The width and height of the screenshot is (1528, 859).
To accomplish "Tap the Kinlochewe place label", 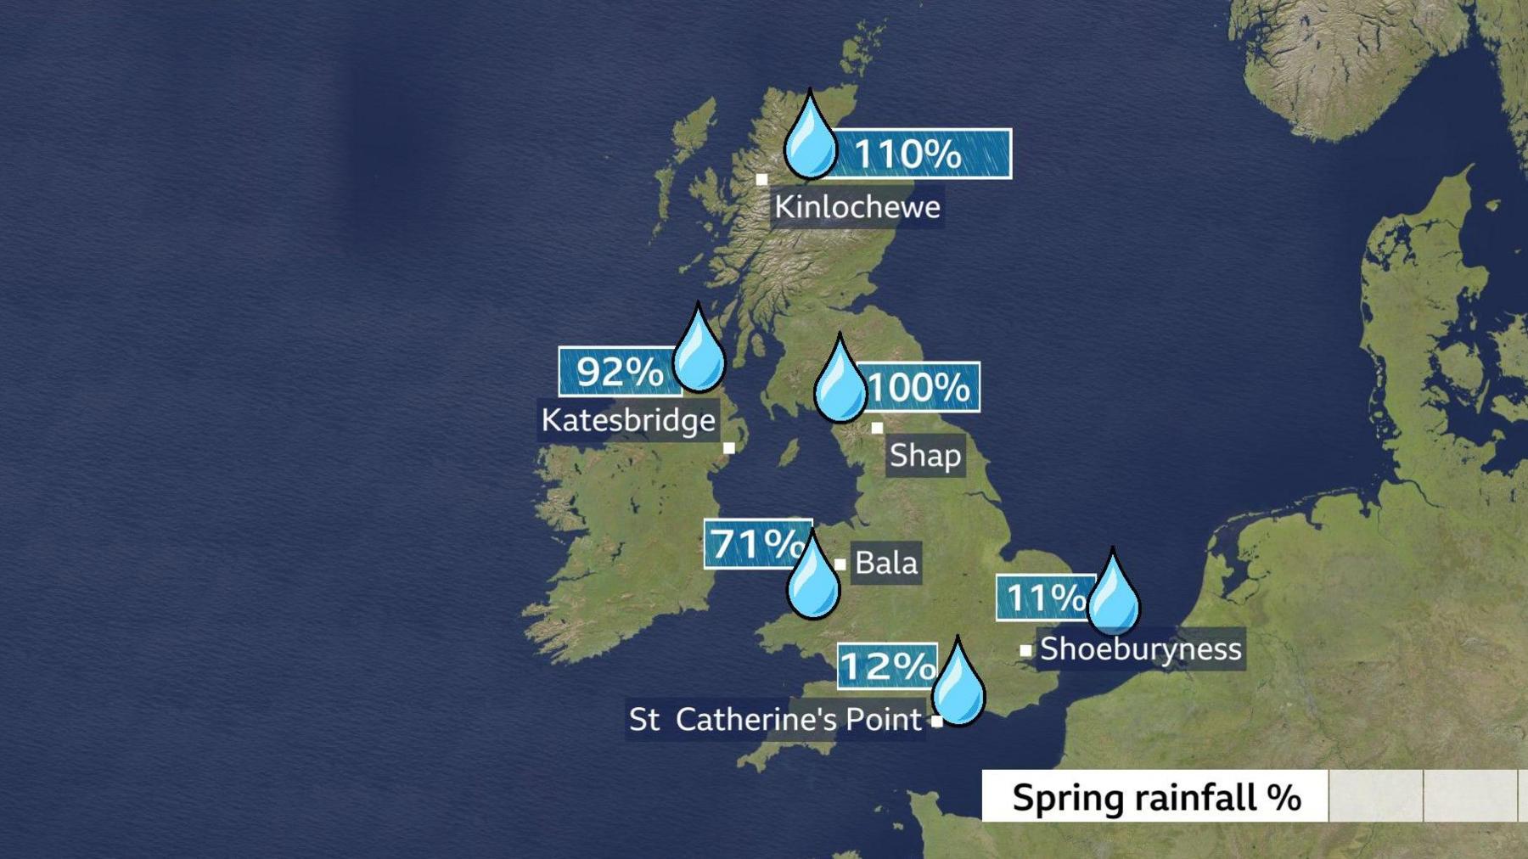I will click(857, 207).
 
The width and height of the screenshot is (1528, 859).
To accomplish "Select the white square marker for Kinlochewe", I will click(761, 179).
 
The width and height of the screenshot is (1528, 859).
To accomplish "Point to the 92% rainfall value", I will click(619, 371).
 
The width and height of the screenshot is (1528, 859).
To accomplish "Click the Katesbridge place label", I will click(628, 420).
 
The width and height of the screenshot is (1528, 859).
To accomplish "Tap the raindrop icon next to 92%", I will click(699, 353).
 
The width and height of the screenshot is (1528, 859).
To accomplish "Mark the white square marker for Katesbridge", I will click(728, 447).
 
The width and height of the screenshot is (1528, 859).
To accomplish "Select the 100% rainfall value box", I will click(919, 387).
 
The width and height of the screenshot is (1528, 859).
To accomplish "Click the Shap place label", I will click(924, 456).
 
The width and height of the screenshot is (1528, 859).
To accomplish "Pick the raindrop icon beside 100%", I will click(840, 384).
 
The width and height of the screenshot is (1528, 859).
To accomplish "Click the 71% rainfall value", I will click(756, 543).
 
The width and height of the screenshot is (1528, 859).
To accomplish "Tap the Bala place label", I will click(885, 562).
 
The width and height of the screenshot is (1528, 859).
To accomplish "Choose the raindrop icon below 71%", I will click(812, 579).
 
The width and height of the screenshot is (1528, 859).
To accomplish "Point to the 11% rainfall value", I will click(1044, 598).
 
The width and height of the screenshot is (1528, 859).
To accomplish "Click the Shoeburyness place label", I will click(1140, 648).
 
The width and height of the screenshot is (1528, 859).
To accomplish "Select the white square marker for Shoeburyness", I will click(1025, 650).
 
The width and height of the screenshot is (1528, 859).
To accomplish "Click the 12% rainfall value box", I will click(887, 665).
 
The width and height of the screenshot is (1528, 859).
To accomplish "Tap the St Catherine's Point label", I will click(775, 720).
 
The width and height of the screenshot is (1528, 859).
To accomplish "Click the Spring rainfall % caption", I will click(1155, 797).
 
